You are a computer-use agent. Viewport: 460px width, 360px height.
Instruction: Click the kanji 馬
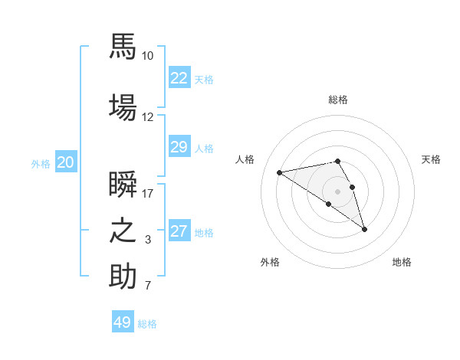click(x=123, y=46)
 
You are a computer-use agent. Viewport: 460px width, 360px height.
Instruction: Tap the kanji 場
click(x=123, y=107)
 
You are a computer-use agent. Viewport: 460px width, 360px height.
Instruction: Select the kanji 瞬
click(x=123, y=184)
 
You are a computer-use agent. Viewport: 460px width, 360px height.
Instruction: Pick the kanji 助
click(x=123, y=276)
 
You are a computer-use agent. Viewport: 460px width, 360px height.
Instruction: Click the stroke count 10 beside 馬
click(x=147, y=56)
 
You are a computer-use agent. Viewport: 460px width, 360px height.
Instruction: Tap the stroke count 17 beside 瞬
click(x=147, y=194)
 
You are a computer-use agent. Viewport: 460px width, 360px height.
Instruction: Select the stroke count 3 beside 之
click(x=148, y=240)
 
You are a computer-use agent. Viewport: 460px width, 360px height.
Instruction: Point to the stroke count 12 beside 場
click(x=147, y=117)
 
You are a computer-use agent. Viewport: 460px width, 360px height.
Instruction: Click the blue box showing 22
click(x=179, y=77)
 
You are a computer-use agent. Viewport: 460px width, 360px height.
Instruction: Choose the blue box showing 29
click(x=179, y=146)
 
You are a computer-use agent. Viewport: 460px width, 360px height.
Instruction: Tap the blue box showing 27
click(x=179, y=230)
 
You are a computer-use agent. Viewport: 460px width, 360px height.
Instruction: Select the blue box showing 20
click(x=66, y=162)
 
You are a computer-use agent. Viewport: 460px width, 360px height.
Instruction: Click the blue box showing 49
click(x=123, y=321)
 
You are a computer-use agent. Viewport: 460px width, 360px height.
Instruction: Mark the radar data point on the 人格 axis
click(x=279, y=172)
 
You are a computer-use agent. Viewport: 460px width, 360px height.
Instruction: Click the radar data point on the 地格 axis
click(x=364, y=230)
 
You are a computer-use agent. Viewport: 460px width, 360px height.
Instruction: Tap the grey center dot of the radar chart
click(x=337, y=191)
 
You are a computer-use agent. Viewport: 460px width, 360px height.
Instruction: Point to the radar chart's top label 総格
click(x=338, y=100)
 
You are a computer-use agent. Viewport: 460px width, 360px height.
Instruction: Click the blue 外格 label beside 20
click(x=41, y=164)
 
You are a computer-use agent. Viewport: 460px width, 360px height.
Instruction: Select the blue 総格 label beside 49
click(x=147, y=324)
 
